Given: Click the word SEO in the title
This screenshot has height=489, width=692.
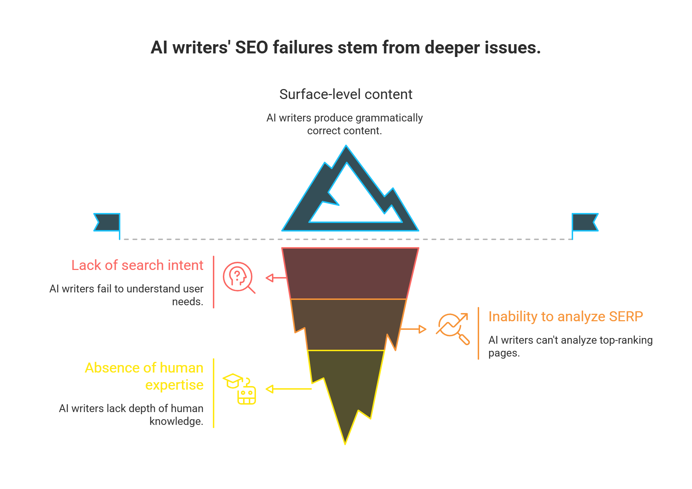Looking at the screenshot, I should click(251, 48).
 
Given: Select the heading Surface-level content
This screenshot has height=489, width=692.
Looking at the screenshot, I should click(346, 94).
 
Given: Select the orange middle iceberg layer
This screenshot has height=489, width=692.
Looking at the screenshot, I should click(347, 324).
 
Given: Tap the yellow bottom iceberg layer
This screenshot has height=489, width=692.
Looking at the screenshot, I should click(345, 385).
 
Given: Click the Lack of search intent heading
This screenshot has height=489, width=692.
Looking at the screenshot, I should click(137, 265).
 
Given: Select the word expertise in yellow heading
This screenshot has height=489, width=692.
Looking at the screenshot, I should click(174, 385).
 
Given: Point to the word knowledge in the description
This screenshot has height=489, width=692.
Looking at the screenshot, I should click(176, 421).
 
